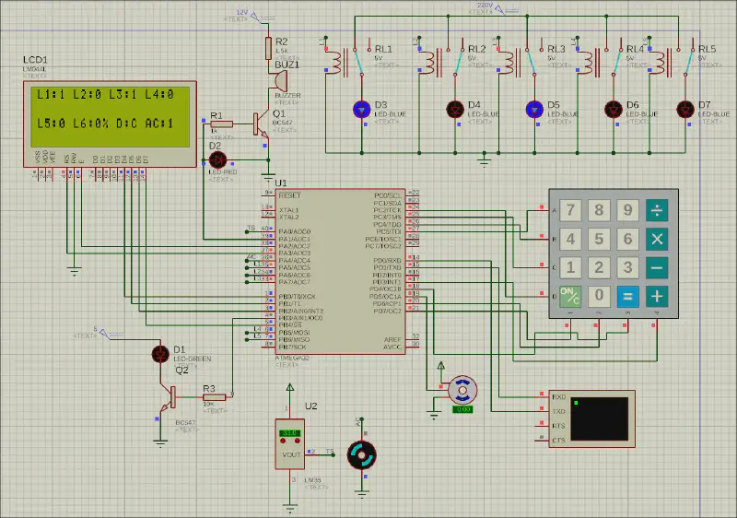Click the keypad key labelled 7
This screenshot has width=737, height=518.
[x=571, y=210]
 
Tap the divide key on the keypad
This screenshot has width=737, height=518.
[x=657, y=210]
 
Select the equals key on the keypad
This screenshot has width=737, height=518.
[x=627, y=296]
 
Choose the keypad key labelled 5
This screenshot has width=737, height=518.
[x=600, y=239]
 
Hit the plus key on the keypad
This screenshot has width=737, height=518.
[x=657, y=296]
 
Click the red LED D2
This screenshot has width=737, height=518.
[x=219, y=159]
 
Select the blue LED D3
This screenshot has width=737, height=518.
[x=362, y=109]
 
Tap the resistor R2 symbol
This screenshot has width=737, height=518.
[x=268, y=48]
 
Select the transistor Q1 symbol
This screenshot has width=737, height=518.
[x=262, y=124]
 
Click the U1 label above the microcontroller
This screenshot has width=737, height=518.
[x=281, y=183]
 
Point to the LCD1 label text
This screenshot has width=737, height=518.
[x=36, y=60]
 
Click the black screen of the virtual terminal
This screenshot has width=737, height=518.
[x=600, y=418]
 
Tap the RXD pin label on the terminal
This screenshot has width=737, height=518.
[x=557, y=396]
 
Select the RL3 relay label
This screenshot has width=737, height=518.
[x=556, y=49]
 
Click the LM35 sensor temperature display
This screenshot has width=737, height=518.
[x=289, y=432]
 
